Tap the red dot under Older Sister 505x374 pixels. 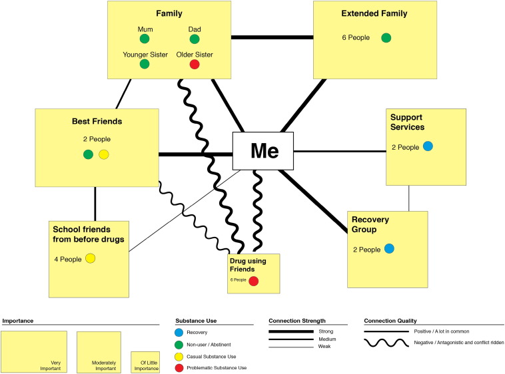coord(195,65)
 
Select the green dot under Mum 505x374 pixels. coord(145,39)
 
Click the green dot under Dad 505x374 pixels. coord(195,39)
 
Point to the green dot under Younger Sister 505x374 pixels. coord(145,65)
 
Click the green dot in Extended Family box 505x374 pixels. coord(386,38)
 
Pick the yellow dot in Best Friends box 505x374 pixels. coord(103,155)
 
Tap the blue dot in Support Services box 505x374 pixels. coord(428,146)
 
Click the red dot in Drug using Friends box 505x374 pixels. coord(253,281)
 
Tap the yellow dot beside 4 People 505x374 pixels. coord(91,258)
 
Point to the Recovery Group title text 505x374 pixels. coord(372,225)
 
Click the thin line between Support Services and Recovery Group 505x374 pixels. coord(409,198)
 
